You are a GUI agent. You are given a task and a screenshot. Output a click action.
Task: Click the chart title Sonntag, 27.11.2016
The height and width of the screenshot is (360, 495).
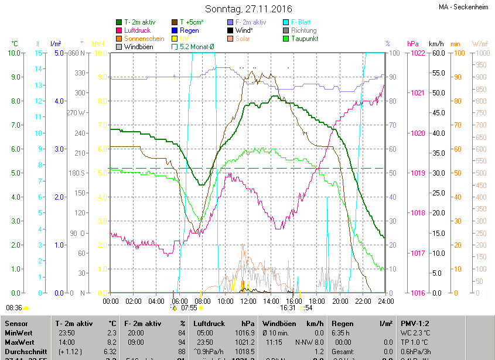tap(247, 9)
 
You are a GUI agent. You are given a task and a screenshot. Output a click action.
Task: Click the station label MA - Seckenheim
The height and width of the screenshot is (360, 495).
tap(463, 8)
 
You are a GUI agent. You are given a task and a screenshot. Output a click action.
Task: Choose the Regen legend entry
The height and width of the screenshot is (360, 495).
tap(189, 30)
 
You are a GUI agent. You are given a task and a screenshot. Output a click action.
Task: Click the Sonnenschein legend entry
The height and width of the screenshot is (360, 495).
tap(144, 39)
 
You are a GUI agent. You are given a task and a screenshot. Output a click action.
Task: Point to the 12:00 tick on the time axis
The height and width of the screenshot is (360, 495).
tap(248, 301)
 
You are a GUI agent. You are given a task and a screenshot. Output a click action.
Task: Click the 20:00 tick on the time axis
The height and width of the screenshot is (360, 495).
tap(340, 301)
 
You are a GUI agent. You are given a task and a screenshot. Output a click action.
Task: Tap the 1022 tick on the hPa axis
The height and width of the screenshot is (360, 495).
tap(417, 53)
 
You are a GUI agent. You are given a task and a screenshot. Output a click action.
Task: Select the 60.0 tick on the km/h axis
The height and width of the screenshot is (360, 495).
tap(437, 53)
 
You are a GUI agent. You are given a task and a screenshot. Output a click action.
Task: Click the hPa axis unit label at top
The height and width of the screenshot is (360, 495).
tap(412, 44)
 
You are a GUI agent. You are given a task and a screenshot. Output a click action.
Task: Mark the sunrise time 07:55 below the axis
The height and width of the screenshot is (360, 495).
tap(189, 307)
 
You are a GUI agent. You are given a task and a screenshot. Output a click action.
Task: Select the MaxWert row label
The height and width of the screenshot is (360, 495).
tap(20, 342)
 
